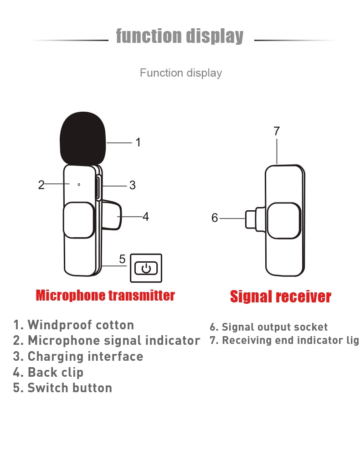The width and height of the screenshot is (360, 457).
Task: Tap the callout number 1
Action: pos(138,142)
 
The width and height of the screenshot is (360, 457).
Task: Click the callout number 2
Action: pos(41,185)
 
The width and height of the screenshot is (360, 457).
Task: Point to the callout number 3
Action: pos(132,185)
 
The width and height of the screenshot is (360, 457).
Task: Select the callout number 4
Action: pos(146,217)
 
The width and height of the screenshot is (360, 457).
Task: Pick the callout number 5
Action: pos(122,259)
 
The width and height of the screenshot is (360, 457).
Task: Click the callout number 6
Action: pos(215,218)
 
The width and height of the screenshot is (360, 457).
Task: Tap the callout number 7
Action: pos(277,131)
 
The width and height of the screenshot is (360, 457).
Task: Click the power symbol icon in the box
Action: pos(146,268)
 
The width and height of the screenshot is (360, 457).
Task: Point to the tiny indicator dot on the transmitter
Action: pos(79,185)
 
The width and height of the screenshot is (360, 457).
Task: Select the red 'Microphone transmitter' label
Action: pos(105,296)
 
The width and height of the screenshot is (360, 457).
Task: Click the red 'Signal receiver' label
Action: pos(280,297)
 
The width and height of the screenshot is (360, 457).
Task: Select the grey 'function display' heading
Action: pos(180,36)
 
